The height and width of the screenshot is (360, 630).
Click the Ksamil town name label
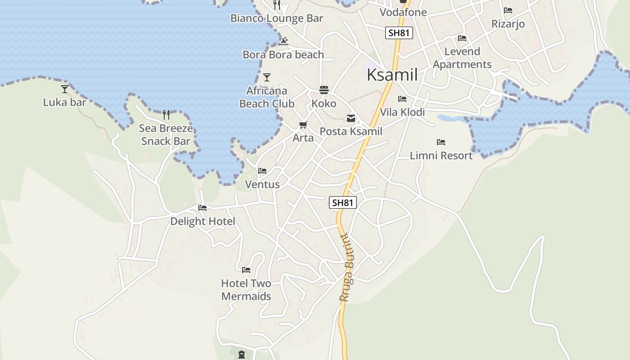click(392, 75)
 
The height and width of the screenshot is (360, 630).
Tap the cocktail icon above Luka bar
click(65, 89)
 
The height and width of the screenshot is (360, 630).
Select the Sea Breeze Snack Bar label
click(166, 135)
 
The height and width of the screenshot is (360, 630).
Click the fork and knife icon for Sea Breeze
click(166, 115)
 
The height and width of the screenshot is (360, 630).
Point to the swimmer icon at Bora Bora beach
click(283, 42)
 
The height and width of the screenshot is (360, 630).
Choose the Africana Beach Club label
click(267, 97)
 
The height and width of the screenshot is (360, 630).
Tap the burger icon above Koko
click(324, 90)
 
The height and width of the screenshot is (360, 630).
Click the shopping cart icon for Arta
click(303, 125)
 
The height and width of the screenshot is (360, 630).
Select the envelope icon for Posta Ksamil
click(351, 118)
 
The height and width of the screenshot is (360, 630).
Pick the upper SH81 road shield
click(399, 32)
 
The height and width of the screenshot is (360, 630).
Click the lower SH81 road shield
click(342, 202)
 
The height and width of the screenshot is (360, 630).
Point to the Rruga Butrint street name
click(348, 267)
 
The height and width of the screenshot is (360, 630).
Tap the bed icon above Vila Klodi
click(402, 99)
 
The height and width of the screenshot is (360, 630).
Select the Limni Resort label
click(441, 156)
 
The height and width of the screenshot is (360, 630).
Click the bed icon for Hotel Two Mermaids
click(246, 270)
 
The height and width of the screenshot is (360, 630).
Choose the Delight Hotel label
click(202, 221)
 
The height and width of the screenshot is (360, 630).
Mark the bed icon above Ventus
click(262, 171)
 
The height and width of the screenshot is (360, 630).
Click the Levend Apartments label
click(462, 58)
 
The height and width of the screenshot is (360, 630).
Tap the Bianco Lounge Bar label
click(277, 18)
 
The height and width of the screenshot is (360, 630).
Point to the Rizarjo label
click(508, 24)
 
